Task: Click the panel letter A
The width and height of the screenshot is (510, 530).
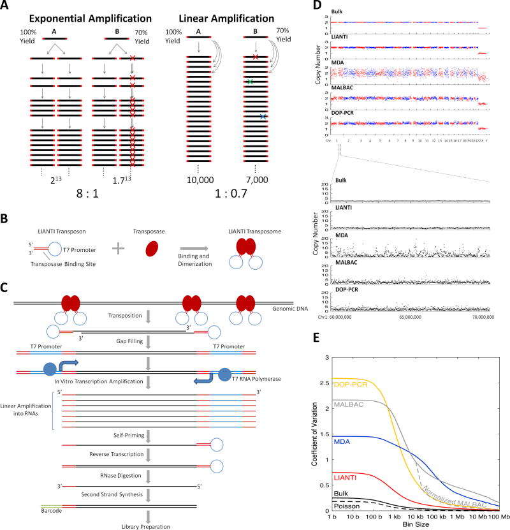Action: point(6,6)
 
